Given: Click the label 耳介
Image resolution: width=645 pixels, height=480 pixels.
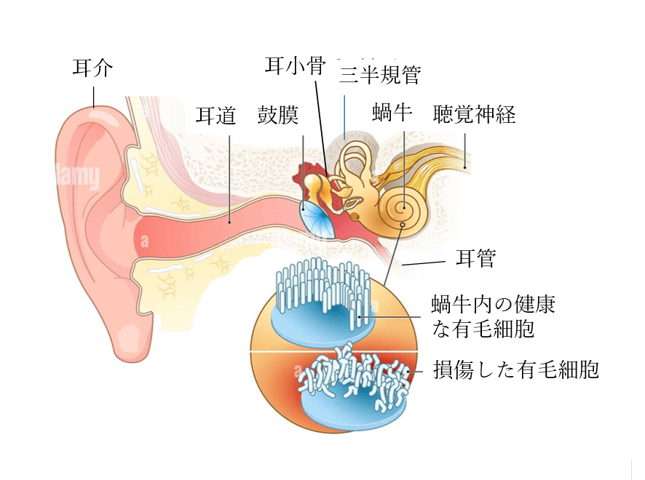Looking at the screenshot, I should [x=92, y=69].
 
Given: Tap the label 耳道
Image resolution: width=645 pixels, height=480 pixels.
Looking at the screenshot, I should [x=216, y=116].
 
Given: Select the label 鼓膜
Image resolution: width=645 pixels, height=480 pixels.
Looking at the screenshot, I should [x=278, y=116].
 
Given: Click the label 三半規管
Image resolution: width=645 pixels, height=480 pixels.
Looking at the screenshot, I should [x=379, y=73].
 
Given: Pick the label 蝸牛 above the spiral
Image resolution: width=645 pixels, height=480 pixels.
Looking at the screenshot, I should [x=392, y=113].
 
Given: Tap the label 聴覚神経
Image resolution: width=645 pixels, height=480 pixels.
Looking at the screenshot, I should [x=474, y=114].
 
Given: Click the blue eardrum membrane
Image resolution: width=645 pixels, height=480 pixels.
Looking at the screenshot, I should [x=317, y=217].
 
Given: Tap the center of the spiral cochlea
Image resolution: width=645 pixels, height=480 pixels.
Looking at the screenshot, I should [x=401, y=211].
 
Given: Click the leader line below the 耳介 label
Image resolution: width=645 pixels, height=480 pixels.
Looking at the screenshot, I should [x=93, y=96].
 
